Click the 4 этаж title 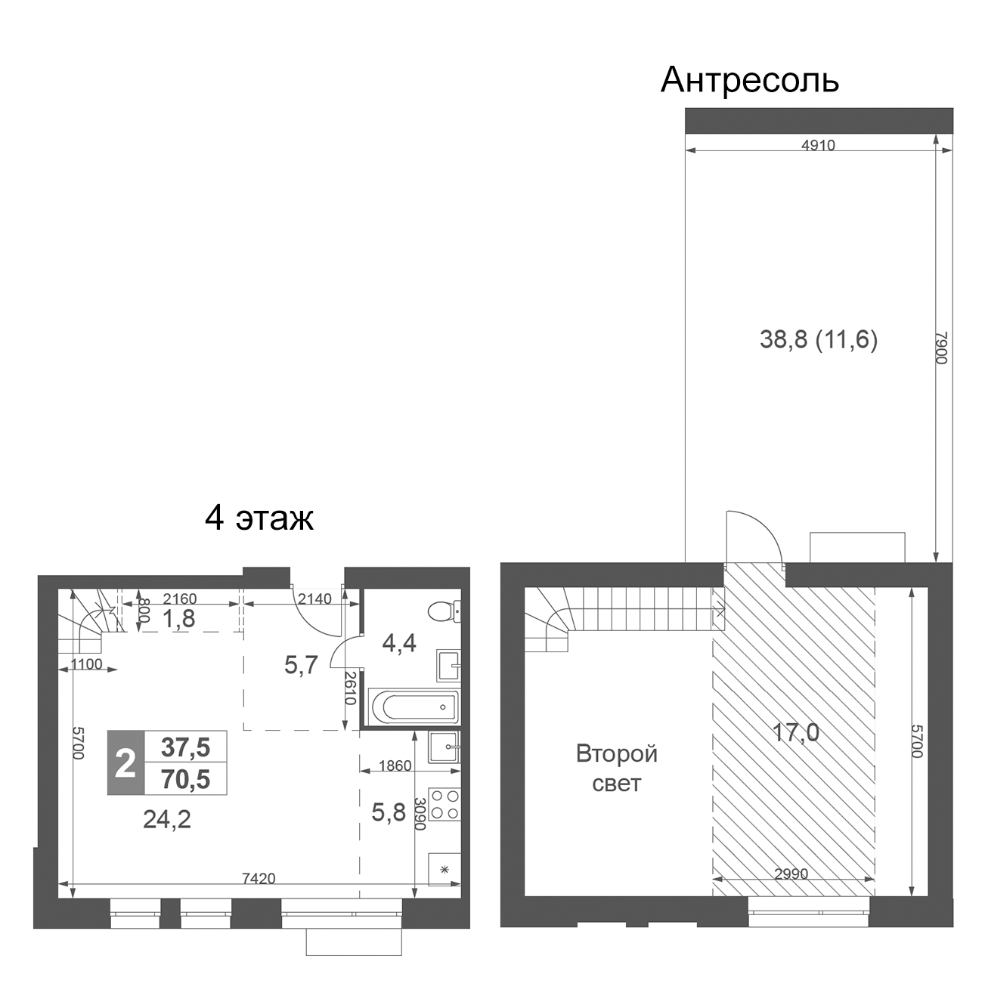(x=259, y=518)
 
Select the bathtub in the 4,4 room (x=413, y=707)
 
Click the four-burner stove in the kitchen (x=444, y=804)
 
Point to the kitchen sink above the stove (x=444, y=748)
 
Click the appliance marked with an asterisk (x=444, y=869)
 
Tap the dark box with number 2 (x=125, y=763)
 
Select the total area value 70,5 (x=185, y=779)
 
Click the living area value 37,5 (x=185, y=747)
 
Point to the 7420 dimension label (x=259, y=878)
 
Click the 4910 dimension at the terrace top (x=818, y=145)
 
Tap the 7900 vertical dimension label (x=941, y=348)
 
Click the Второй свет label (x=616, y=769)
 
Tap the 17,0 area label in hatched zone (x=795, y=732)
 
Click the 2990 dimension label (x=791, y=874)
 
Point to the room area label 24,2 (x=166, y=818)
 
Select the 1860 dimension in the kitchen (x=395, y=766)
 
